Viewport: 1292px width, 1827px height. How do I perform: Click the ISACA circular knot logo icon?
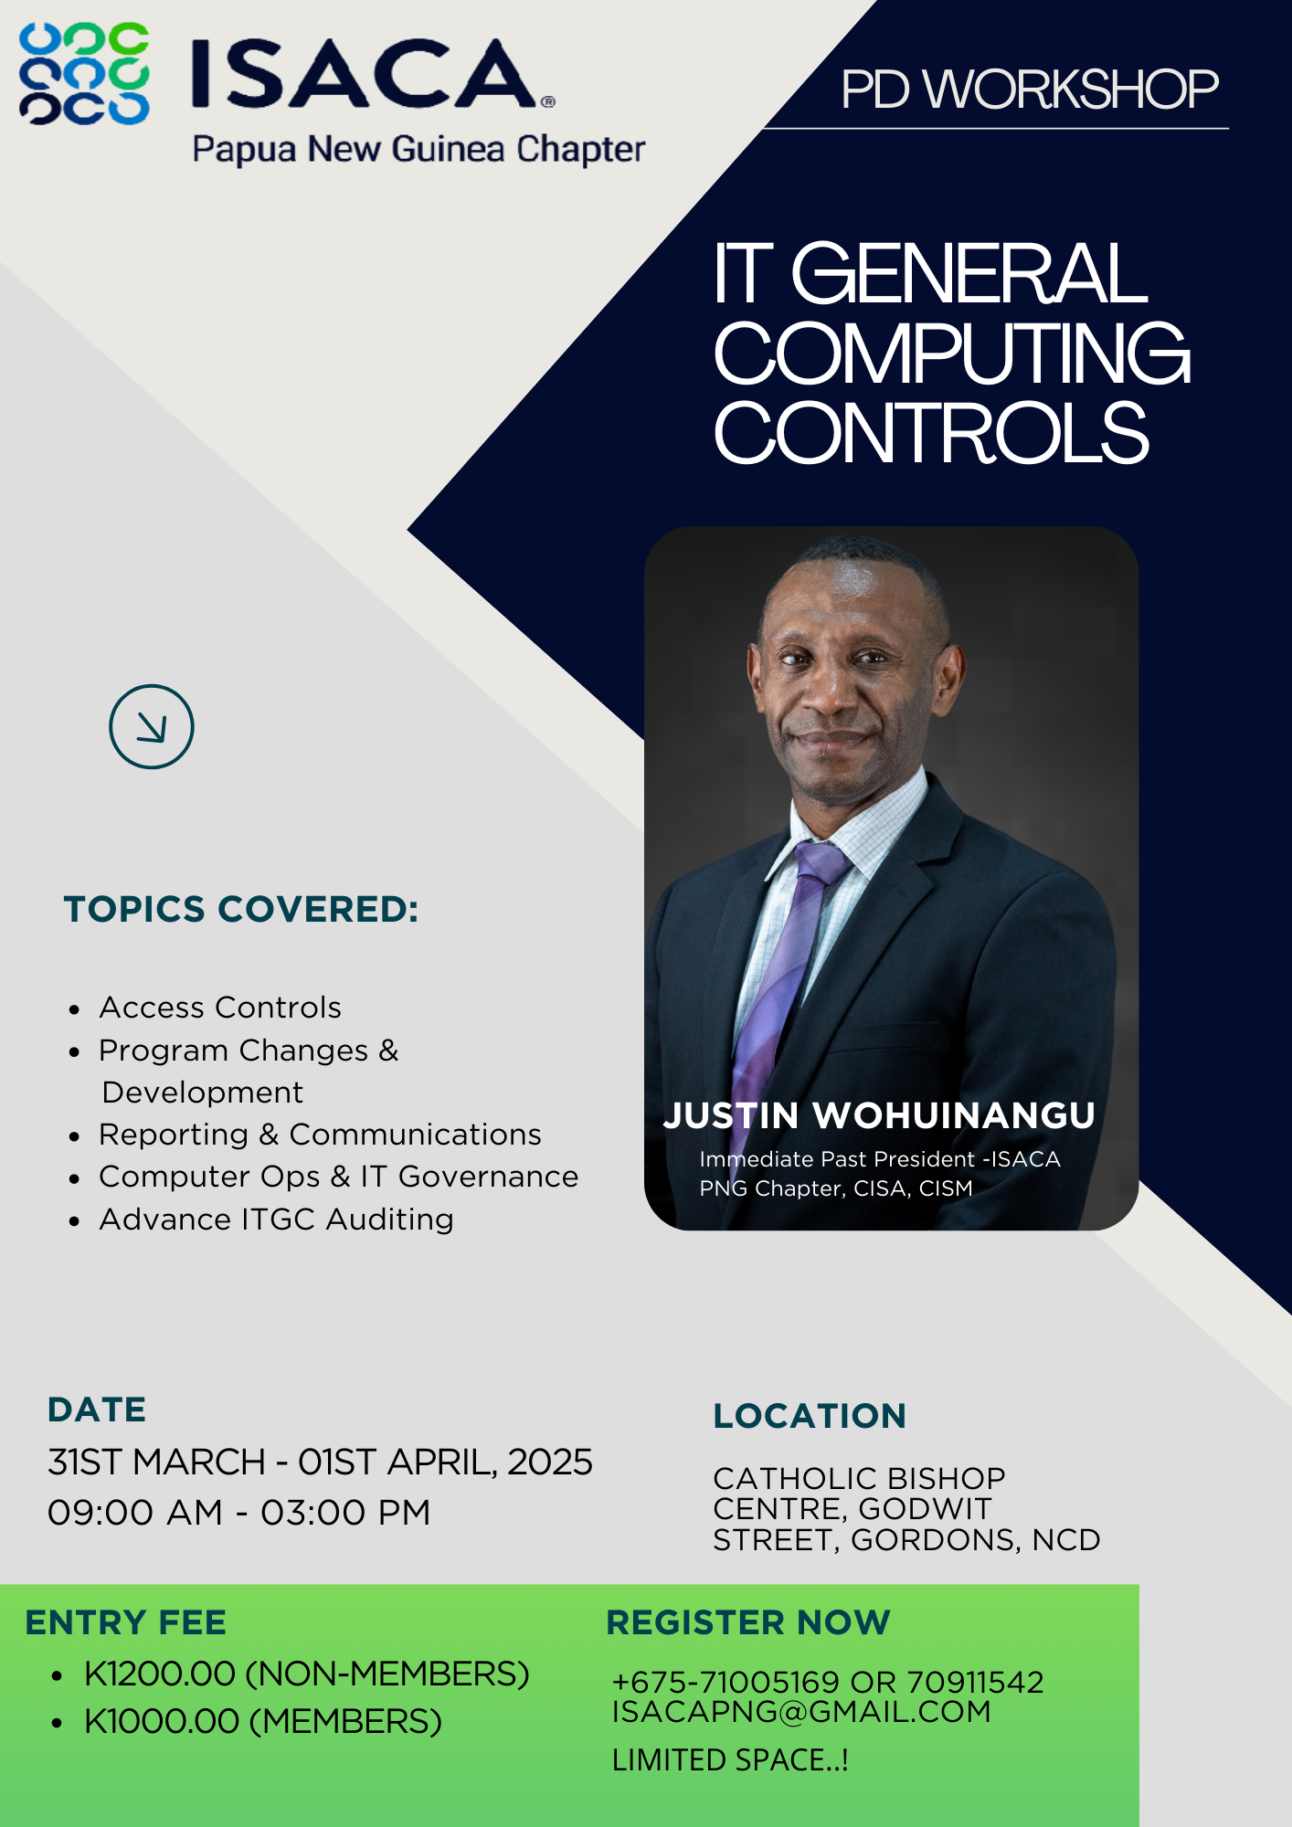click(85, 73)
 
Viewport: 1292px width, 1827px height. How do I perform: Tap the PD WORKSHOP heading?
click(1030, 90)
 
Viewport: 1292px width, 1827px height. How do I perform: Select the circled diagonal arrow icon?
click(152, 726)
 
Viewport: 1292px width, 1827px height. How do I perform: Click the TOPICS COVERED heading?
click(241, 909)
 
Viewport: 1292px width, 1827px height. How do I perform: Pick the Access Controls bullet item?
click(220, 1007)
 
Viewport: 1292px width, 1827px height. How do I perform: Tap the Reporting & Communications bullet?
click(320, 1134)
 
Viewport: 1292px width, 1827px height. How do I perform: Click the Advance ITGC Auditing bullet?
click(276, 1219)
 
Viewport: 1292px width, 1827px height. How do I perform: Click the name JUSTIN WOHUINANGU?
click(879, 1115)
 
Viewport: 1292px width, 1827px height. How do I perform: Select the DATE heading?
click(97, 1410)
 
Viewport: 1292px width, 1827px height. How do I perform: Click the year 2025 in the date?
click(550, 1462)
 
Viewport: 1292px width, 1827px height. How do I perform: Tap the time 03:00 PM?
click(345, 1512)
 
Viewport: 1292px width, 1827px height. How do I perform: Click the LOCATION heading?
click(810, 1416)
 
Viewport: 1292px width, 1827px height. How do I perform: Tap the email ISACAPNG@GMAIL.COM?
click(801, 1711)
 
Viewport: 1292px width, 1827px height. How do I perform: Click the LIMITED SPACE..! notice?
click(730, 1759)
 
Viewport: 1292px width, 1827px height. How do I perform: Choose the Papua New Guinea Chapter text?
click(418, 149)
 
